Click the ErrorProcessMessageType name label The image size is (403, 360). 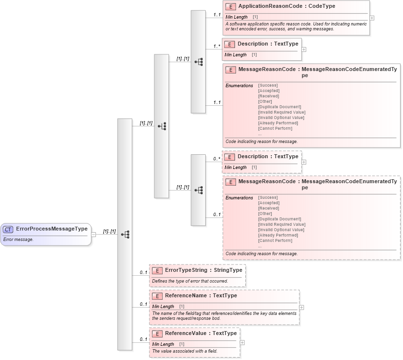(52, 229)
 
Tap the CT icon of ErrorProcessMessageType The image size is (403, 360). (8, 229)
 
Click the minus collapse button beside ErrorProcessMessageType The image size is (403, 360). (94, 234)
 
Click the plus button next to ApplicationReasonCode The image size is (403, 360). (372, 18)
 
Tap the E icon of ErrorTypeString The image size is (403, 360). (157, 270)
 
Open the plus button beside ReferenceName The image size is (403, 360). (302, 308)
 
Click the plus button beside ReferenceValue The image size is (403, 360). (242, 343)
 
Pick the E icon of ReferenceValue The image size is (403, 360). (157, 334)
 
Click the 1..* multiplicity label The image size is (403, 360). (216, 47)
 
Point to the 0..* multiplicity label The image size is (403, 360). (216, 159)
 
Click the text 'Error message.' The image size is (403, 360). (18, 240)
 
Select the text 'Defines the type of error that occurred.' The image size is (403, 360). (195, 281)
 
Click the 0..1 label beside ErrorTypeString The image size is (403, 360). (143, 272)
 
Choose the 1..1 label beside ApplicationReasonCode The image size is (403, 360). (217, 15)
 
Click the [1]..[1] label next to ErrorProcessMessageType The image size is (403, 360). (109, 231)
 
